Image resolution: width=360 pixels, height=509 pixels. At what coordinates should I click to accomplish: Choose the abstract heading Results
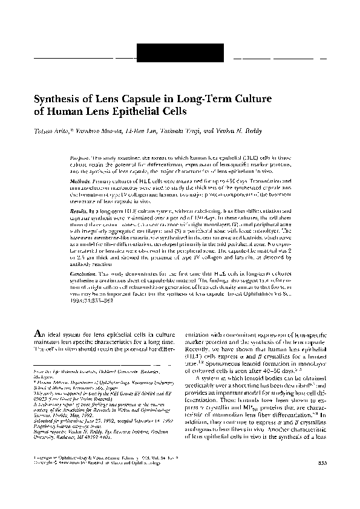[x=80, y=206]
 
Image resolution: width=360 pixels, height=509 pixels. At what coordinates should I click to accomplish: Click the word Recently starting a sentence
[x=200, y=349]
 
